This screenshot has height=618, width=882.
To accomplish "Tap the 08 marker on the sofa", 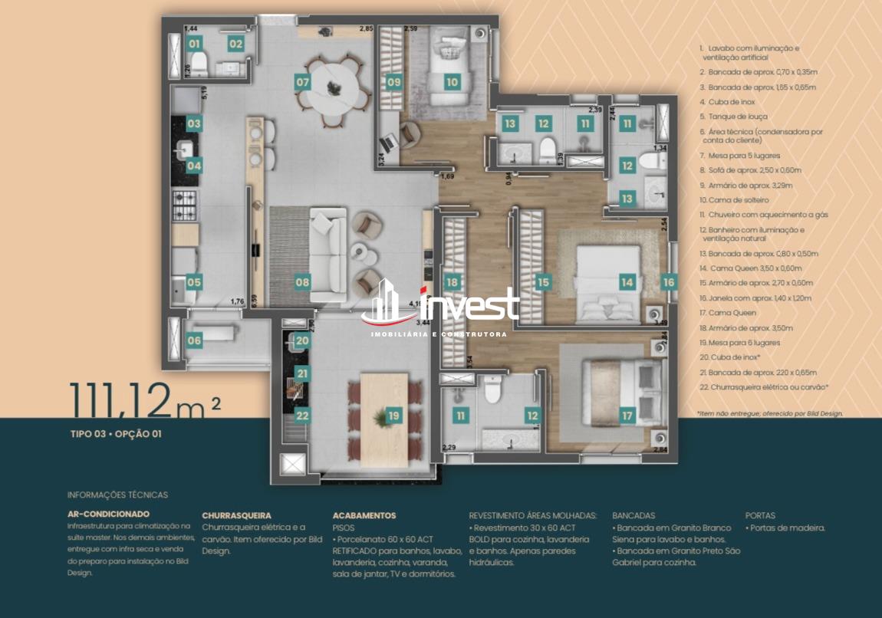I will click(x=302, y=282).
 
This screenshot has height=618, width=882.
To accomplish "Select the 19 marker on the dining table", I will click(x=393, y=416).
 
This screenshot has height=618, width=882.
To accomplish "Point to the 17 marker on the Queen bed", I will click(x=627, y=416).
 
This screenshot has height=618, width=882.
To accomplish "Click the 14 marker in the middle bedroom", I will click(x=627, y=282).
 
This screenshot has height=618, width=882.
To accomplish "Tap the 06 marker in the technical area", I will click(x=194, y=340).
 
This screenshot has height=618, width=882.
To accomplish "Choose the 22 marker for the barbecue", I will click(x=302, y=416).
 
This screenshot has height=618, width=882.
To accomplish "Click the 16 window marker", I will click(x=669, y=282).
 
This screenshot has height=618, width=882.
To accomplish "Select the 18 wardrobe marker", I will click(x=452, y=282).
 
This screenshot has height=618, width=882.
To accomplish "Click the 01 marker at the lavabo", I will click(x=194, y=44).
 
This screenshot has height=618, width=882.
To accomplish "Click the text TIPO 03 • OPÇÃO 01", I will click(x=116, y=434).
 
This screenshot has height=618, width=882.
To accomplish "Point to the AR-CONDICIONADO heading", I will click(x=108, y=514).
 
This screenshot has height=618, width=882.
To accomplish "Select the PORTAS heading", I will click(x=760, y=516).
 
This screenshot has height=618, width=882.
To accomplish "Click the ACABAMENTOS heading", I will click(x=364, y=516).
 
